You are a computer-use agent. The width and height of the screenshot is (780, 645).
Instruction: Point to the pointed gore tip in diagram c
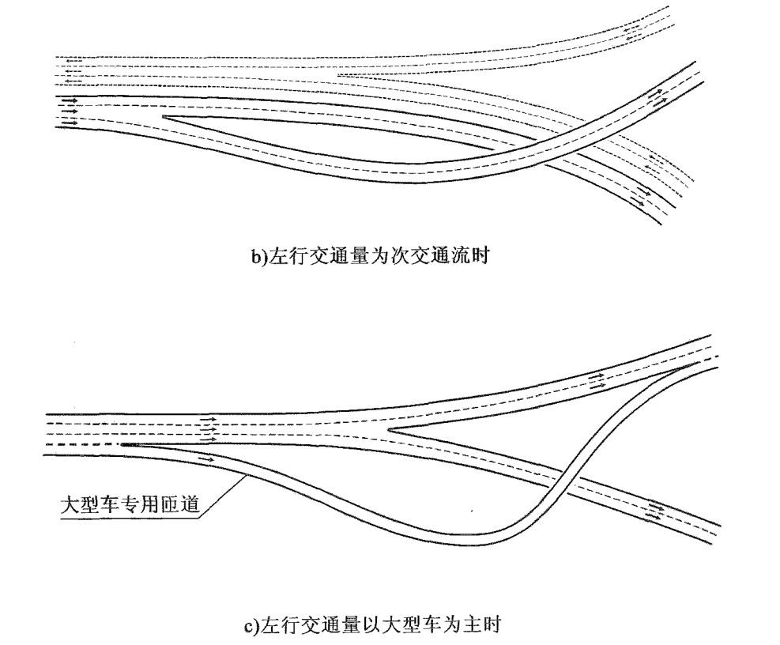coord(390,430)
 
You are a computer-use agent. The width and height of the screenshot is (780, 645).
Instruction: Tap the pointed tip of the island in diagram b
coord(164,118)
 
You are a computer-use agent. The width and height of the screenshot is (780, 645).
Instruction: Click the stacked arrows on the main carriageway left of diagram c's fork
coord(209,430)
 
